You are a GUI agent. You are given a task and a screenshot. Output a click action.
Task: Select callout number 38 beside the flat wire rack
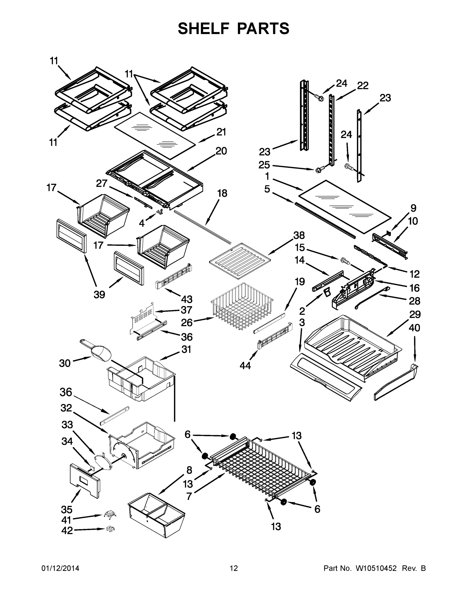(299, 235)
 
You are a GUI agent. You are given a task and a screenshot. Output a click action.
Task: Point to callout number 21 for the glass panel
(221, 132)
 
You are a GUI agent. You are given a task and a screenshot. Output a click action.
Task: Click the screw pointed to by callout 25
(318, 170)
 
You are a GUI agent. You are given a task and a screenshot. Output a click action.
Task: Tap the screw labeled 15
(345, 260)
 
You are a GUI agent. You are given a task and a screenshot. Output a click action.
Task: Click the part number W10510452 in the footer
(376, 568)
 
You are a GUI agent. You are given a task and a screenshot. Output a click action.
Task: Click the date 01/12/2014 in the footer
(60, 568)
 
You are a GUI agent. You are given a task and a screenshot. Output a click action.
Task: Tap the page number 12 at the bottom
(234, 568)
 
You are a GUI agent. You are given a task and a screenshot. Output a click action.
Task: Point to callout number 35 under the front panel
(67, 509)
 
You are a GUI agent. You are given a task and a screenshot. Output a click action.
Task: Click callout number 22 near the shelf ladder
(363, 86)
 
